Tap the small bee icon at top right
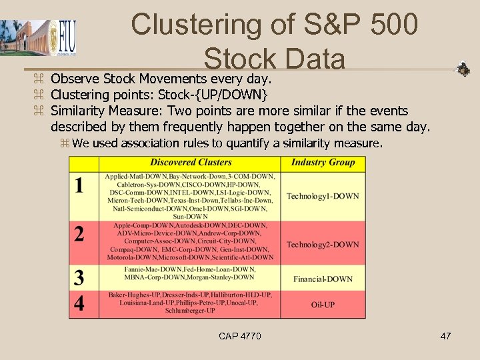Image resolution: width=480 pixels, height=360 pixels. click(462, 69)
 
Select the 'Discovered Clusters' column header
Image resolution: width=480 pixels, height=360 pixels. click(191, 162)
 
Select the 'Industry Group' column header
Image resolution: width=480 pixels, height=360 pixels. click(323, 162)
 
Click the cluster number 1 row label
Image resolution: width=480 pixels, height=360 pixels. click(80, 185)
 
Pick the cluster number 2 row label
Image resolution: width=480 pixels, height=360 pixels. click(80, 234)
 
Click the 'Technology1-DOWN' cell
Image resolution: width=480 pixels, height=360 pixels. click(323, 196)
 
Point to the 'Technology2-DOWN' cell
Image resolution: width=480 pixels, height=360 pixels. click(323, 245)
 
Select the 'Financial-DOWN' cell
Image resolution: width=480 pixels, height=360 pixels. click(323, 279)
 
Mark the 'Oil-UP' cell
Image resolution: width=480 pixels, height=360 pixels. click(323, 305)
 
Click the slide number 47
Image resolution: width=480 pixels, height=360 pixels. click(445, 336)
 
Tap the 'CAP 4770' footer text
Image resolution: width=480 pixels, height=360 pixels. click(240, 336)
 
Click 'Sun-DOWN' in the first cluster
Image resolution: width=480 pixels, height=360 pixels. click(190, 216)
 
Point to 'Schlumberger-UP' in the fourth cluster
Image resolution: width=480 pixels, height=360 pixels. click(190, 311)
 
